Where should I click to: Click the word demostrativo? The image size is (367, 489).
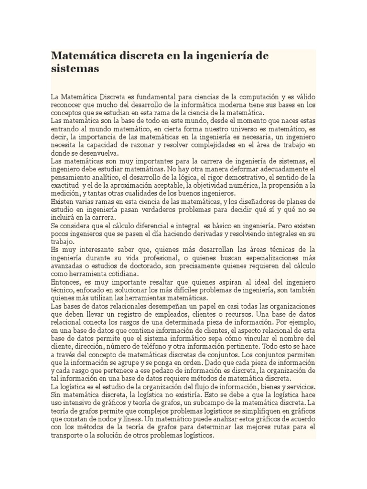tap(241, 178)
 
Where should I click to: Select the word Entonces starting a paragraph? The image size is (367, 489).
tap(67, 283)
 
